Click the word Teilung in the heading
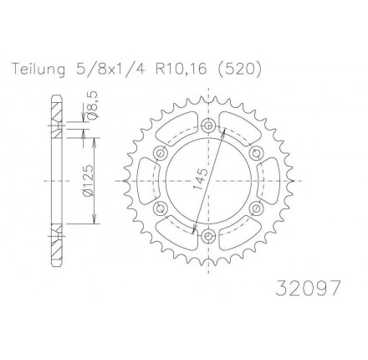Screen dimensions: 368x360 [38, 69]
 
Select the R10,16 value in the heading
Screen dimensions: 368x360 [181, 69]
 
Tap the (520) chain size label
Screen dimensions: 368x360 [239, 69]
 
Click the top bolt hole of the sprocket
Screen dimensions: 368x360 [208, 124]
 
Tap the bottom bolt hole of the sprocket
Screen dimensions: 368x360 [207, 236]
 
